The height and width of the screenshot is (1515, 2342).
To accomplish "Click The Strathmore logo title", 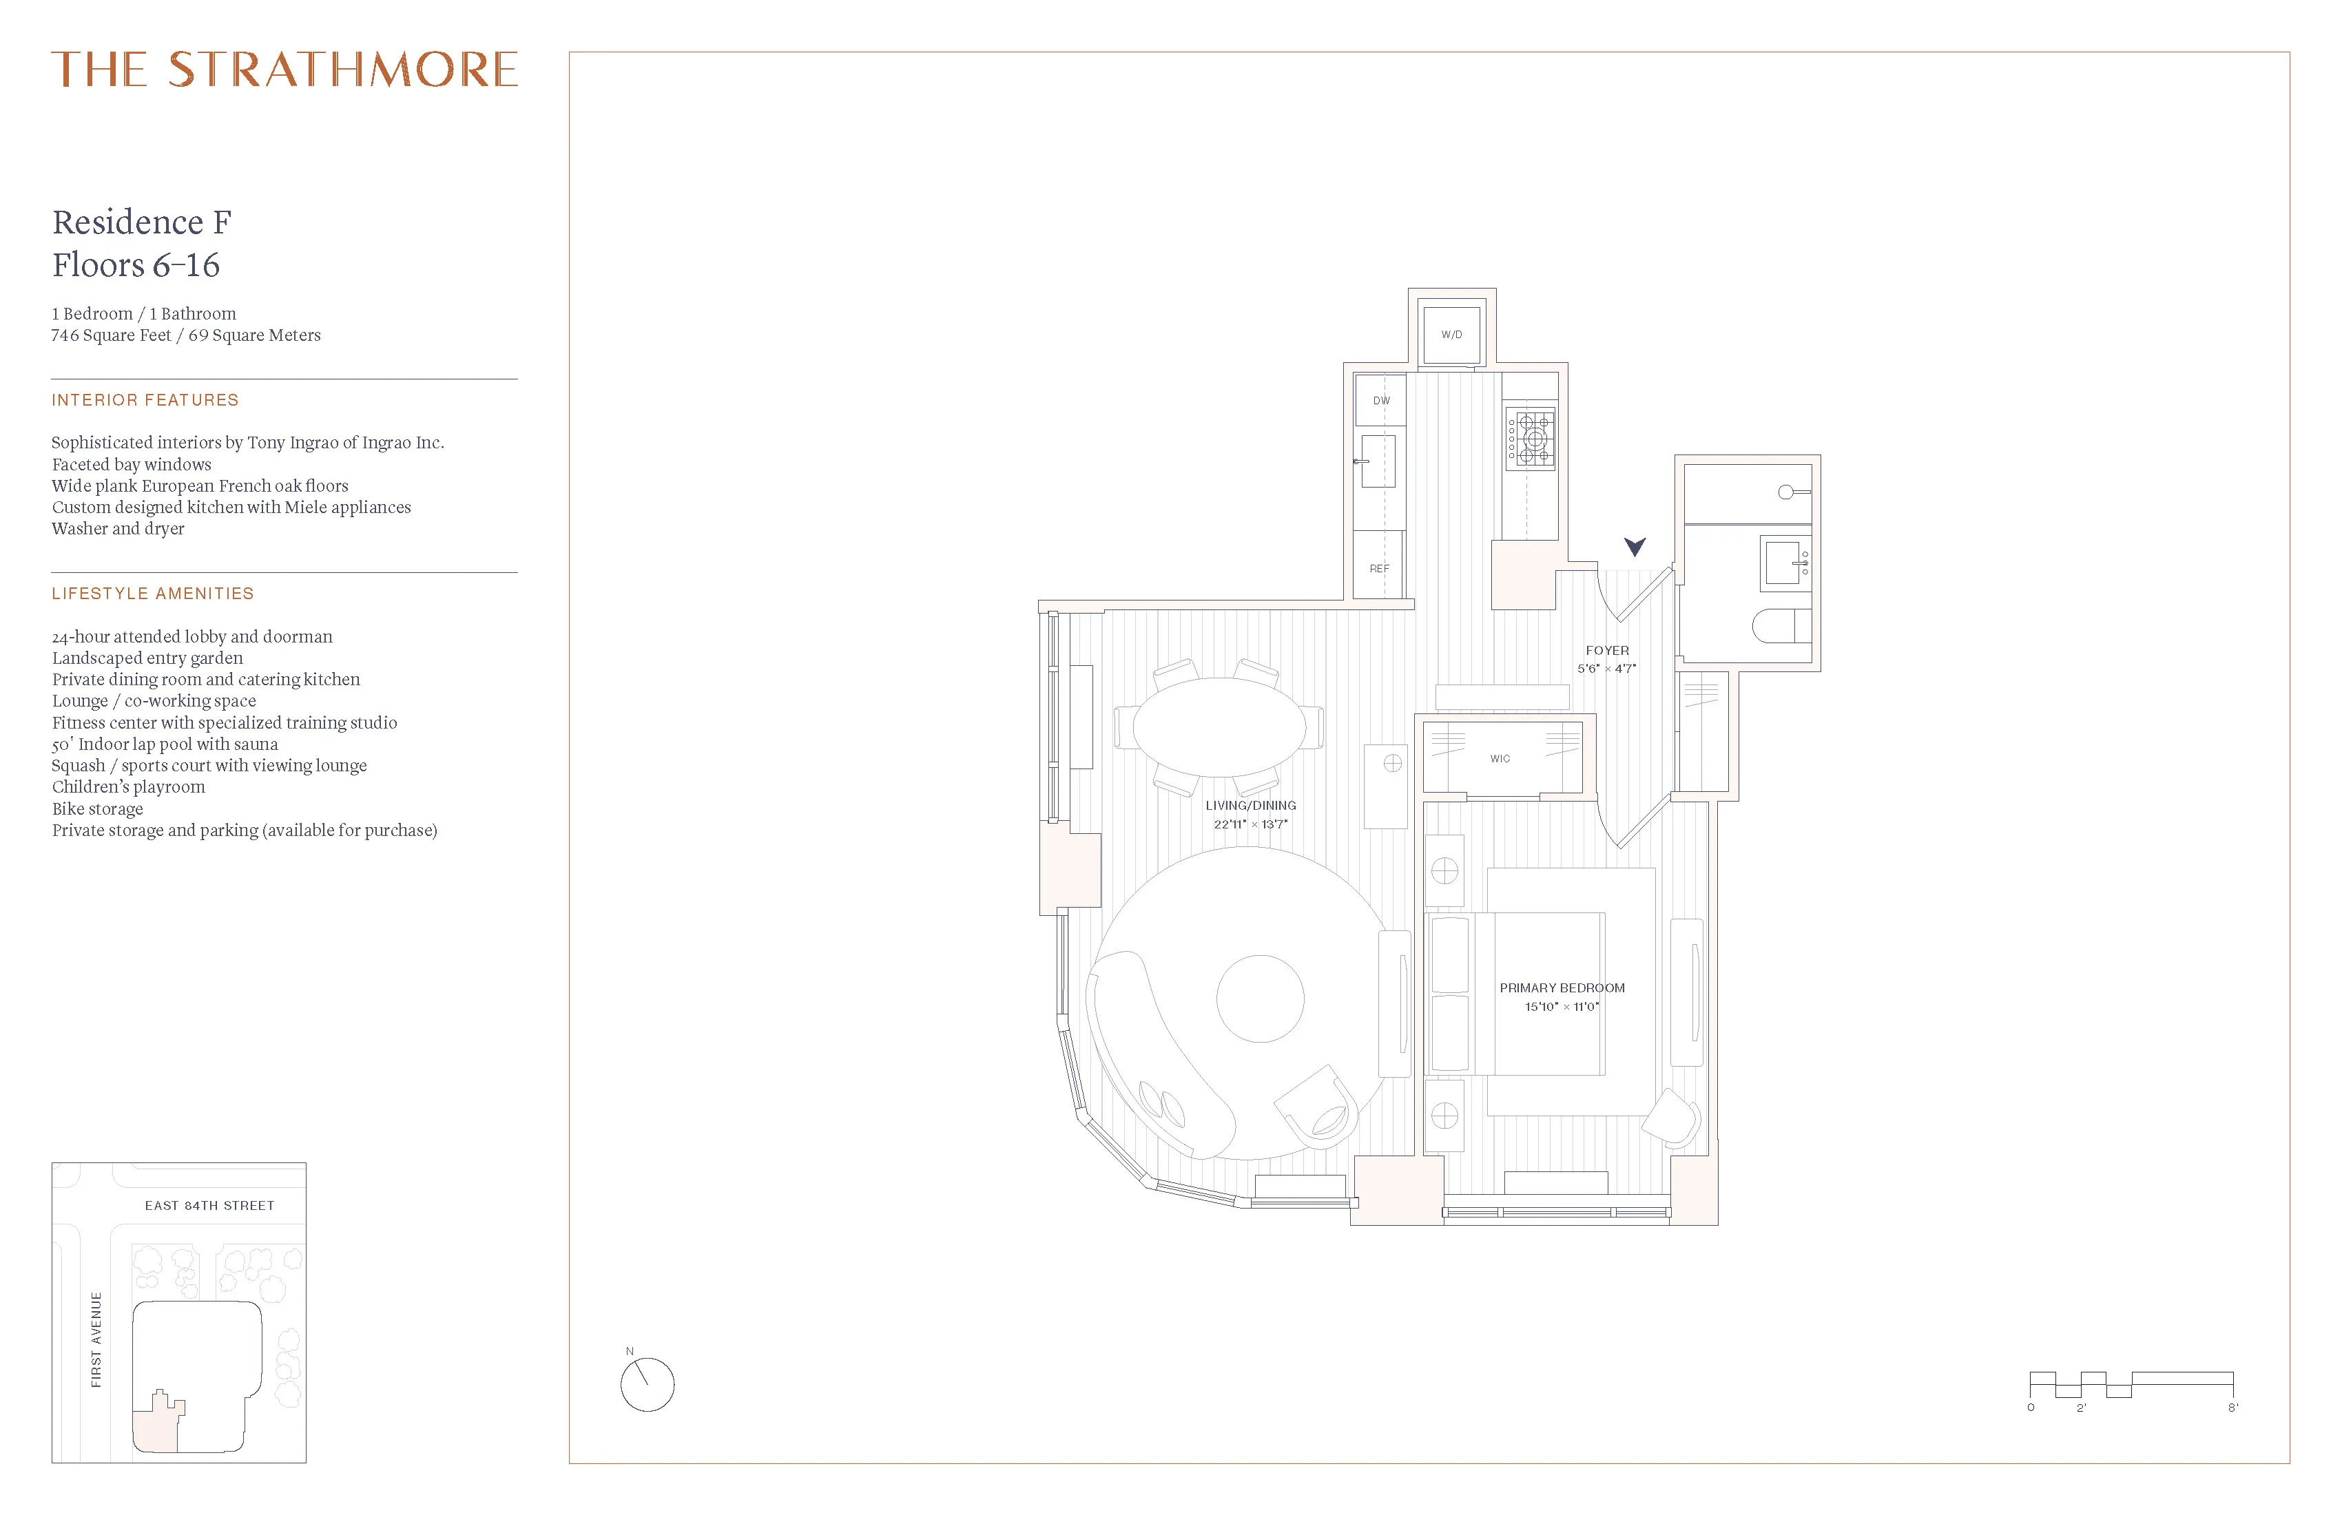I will click(284, 70).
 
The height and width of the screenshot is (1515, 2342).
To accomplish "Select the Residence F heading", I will click(142, 222).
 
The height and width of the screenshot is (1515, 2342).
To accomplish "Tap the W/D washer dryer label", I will click(1451, 335).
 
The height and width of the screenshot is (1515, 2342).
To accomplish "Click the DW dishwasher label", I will click(1382, 400).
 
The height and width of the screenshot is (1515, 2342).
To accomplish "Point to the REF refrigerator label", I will click(1380, 569).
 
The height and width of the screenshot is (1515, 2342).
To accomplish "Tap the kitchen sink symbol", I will click(1378, 461).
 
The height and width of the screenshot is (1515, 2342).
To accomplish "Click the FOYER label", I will click(1607, 650).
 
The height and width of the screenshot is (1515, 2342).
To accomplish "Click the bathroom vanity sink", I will click(1785, 563).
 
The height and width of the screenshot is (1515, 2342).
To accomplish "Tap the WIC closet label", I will click(1500, 758).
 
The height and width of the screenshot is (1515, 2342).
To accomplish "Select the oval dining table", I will click(1219, 727).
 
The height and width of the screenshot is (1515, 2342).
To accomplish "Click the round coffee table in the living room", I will click(1260, 999).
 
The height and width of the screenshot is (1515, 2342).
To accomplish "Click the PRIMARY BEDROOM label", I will click(1562, 988).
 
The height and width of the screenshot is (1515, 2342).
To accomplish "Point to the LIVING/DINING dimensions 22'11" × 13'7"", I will click(1250, 824).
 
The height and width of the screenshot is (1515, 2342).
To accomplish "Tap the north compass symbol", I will click(647, 1383).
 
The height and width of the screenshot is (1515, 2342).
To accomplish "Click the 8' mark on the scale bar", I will click(2232, 1408).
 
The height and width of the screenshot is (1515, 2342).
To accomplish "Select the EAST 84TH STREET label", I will click(209, 1205).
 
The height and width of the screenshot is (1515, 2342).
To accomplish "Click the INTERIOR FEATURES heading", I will click(145, 400).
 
